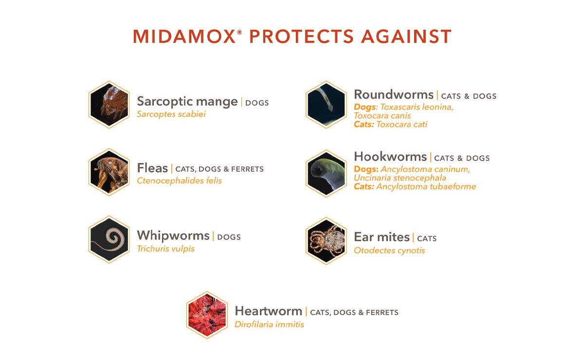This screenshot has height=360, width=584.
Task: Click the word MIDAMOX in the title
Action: coord(185,37)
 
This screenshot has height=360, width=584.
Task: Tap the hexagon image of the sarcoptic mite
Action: coord(109,105)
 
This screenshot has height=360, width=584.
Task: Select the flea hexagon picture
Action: coord(109,172)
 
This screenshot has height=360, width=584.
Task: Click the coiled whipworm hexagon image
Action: coord(109,239)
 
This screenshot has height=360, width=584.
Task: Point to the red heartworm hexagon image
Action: coord(207,315)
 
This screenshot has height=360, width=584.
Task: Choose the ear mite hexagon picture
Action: coord(326,241)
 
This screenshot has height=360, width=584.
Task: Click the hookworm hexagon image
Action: coord(326,173)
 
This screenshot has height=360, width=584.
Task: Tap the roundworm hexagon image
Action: coord(326,105)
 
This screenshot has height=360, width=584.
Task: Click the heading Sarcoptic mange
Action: coord(187,101)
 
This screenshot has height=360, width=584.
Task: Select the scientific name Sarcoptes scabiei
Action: coord(171,114)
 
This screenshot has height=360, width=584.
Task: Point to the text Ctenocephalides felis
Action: coord(179,180)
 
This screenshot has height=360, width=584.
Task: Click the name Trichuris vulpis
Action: coord(165,249)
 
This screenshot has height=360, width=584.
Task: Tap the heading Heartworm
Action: coord(268,311)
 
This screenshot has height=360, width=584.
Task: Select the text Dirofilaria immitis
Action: coord(269,324)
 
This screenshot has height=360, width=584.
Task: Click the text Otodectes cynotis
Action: coord(389,251)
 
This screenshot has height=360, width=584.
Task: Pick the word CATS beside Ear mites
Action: coord(427,238)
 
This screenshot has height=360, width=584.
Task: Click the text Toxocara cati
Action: coord(401,124)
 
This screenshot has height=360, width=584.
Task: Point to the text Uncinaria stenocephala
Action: coord(400,178)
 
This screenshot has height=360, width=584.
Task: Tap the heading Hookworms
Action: coord(390,157)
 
